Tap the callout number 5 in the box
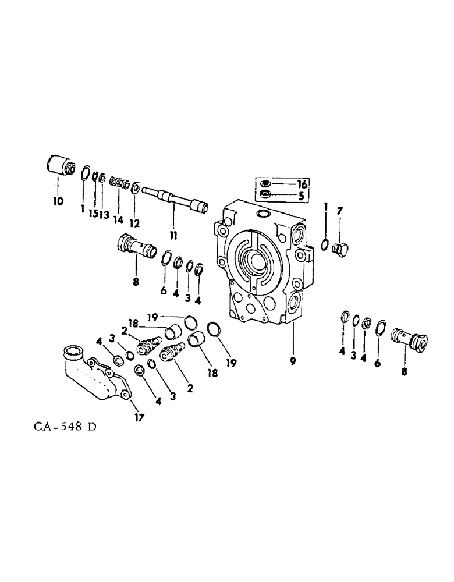(302, 196)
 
